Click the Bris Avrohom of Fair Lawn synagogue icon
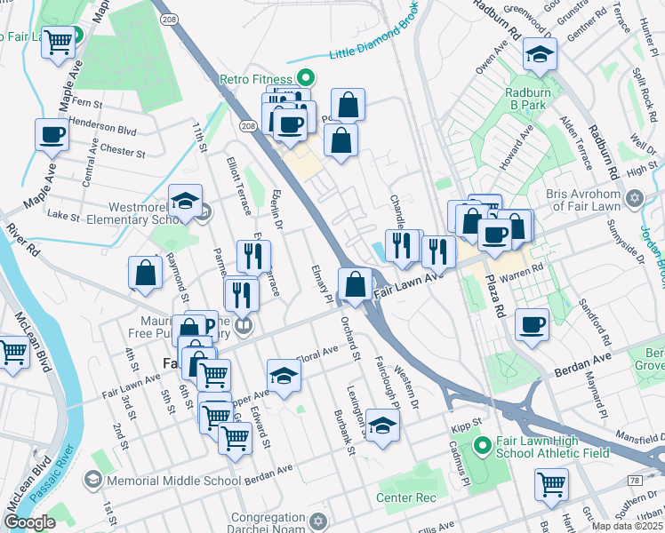click(x=634, y=197)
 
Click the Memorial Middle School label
click(x=173, y=481)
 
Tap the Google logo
click(x=29, y=522)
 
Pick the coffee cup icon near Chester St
click(x=52, y=135)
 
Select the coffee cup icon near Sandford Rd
click(x=532, y=323)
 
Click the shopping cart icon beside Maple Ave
click(x=60, y=40)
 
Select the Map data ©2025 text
click(x=628, y=526)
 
